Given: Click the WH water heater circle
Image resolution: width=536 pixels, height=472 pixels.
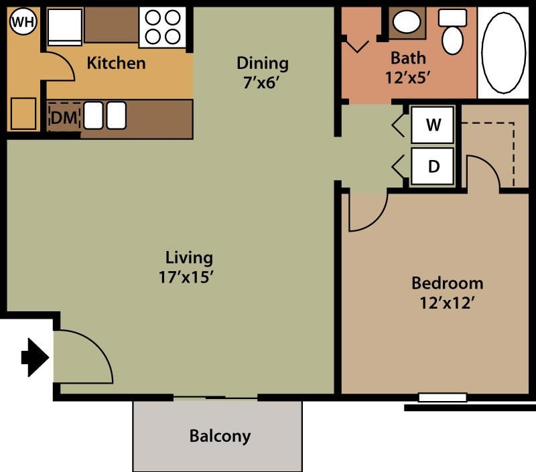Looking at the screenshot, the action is pyautogui.click(x=23, y=21).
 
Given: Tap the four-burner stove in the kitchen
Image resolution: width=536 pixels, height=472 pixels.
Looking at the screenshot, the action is pyautogui.click(x=163, y=27).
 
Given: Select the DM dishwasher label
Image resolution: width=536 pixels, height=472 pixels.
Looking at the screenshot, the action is pyautogui.click(x=64, y=118).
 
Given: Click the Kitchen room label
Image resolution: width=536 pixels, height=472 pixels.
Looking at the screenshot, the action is pyautogui.click(x=116, y=63).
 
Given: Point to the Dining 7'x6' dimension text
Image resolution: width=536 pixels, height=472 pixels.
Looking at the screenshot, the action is pyautogui.click(x=261, y=82).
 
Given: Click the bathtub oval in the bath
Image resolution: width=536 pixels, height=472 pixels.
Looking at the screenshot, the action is pyautogui.click(x=503, y=53).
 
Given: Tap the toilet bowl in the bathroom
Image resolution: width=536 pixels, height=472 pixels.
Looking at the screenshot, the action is pyautogui.click(x=452, y=40).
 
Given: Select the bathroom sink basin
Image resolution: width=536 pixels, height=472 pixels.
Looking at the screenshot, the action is pyautogui.click(x=407, y=22).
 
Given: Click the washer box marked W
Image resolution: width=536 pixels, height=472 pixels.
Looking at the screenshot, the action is pyautogui.click(x=432, y=125).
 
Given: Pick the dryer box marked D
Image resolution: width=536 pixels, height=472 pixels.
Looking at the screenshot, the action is pyautogui.click(x=432, y=167).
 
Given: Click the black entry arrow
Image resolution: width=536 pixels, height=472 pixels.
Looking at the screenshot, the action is pyautogui.click(x=35, y=358).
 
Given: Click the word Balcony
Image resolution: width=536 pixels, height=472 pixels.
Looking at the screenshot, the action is pyautogui.click(x=220, y=436).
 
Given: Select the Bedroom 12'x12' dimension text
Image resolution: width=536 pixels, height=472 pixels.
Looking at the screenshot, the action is pyautogui.click(x=448, y=303).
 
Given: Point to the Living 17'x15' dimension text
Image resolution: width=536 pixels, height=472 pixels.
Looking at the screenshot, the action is pyautogui.click(x=186, y=277).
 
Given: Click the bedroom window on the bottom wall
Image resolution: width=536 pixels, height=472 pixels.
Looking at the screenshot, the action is pyautogui.click(x=443, y=398).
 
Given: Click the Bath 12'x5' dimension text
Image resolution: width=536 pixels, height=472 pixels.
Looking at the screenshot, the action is pyautogui.click(x=407, y=78).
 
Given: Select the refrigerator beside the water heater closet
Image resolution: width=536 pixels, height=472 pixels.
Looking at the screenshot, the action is pyautogui.click(x=64, y=27).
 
